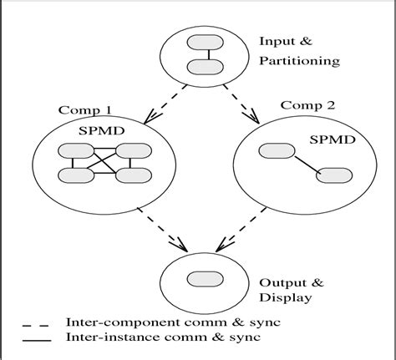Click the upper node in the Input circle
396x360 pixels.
pos(201,43)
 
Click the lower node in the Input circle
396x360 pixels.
pos(201,65)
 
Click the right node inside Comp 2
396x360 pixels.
pos(333,175)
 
